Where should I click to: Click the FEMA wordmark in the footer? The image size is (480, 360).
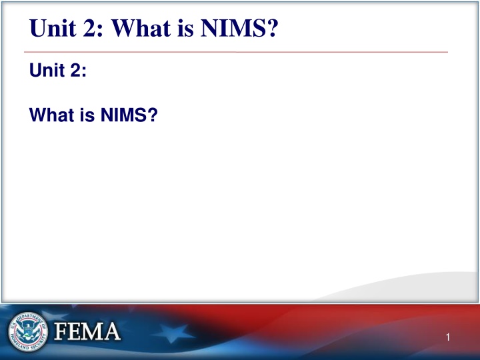(87, 331)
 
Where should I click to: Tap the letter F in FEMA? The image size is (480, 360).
(61, 331)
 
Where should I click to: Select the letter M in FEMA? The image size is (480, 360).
(94, 331)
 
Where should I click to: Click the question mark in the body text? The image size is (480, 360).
(153, 117)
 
